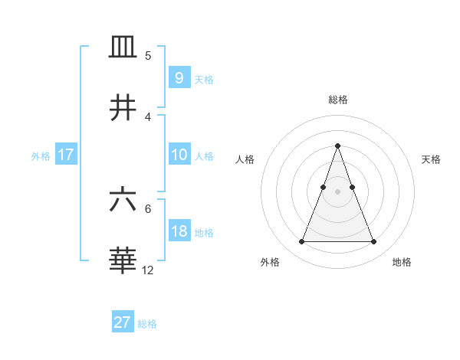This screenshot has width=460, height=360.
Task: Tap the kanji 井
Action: pyautogui.click(x=123, y=107)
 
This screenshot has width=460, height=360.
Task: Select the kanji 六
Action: pyautogui.click(x=123, y=201)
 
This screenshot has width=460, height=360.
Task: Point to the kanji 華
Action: pyautogui.click(x=123, y=260)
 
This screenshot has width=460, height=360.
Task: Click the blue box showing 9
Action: pyautogui.click(x=179, y=78)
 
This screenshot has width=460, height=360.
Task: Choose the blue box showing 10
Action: pyautogui.click(x=179, y=155)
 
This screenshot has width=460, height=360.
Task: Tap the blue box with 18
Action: pyautogui.click(x=179, y=231)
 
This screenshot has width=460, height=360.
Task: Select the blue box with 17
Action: pyautogui.click(x=65, y=155)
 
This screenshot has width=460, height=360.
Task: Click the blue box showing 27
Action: pyautogui.click(x=122, y=322)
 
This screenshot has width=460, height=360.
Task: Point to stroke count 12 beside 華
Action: pyautogui.click(x=148, y=270)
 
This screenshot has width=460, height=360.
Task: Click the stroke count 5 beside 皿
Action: pyautogui.click(x=148, y=56)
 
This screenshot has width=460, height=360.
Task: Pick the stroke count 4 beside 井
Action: pyautogui.click(x=148, y=116)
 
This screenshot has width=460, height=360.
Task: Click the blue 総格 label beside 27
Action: pyautogui.click(x=147, y=324)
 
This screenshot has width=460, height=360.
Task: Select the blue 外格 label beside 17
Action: pyautogui.click(x=41, y=156)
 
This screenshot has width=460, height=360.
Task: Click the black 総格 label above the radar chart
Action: pyautogui.click(x=337, y=100)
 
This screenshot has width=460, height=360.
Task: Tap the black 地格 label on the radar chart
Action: pyautogui.click(x=402, y=262)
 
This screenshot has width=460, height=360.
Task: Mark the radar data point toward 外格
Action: pyautogui.click(x=301, y=242)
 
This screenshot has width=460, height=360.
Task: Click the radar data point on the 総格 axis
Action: pyautogui.click(x=337, y=146)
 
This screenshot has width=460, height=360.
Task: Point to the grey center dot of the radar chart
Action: pyautogui.click(x=337, y=191)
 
